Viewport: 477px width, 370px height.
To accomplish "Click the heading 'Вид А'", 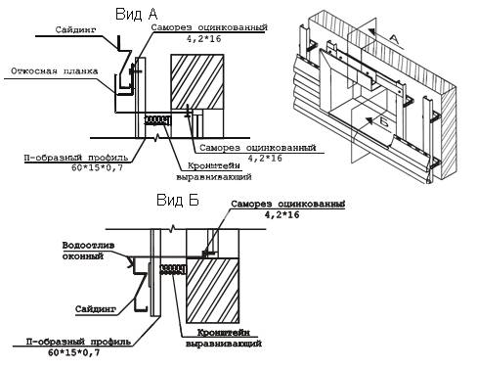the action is (x=137, y=14).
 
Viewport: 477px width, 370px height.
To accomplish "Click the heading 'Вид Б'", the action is (x=178, y=200).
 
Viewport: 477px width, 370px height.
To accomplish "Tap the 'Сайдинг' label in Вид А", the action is (x=76, y=29).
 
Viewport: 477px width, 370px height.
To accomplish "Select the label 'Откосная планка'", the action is (x=55, y=71).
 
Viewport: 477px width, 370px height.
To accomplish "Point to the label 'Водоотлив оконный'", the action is (x=88, y=251).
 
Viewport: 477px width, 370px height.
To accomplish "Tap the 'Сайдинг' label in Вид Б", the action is (x=96, y=308).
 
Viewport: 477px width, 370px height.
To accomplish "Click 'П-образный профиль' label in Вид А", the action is (x=76, y=158).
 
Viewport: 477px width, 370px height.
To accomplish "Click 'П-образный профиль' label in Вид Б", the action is (x=78, y=342).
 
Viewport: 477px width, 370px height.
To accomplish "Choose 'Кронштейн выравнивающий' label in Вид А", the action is (x=214, y=171).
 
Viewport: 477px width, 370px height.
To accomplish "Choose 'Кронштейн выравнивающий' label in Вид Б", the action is (x=224, y=338).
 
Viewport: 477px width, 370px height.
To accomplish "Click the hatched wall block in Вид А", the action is (x=197, y=81).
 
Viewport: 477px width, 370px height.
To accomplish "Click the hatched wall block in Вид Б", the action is (x=212, y=291).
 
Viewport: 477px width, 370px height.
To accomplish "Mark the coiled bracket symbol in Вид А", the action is (x=157, y=120).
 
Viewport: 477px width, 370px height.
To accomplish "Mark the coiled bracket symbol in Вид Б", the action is (x=172, y=269).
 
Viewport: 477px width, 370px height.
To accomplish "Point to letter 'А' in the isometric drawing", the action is (x=393, y=39).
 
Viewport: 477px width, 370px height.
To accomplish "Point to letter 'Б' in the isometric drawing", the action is (x=384, y=122).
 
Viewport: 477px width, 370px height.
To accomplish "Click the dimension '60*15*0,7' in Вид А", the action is (x=97, y=168).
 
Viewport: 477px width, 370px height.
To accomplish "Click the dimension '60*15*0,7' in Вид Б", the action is (x=74, y=352).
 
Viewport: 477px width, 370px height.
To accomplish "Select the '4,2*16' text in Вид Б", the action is (x=282, y=214).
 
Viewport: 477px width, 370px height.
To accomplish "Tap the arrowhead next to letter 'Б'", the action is (x=369, y=121).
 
